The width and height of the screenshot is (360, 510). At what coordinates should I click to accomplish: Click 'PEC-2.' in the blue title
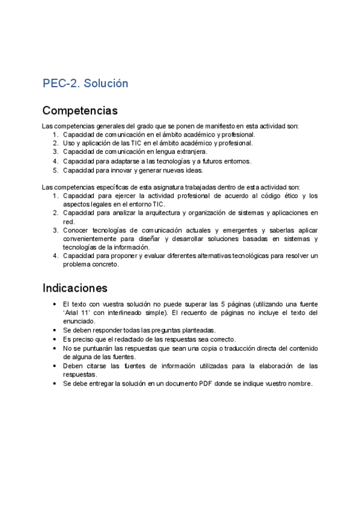[61, 83]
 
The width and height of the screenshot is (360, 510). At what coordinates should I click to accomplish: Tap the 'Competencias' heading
[80, 111]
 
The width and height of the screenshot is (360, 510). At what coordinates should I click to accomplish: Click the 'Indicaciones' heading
[75, 287]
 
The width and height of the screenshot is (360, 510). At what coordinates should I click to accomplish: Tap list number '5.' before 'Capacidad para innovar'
[56, 170]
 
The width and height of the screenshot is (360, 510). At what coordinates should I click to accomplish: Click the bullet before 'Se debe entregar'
[55, 384]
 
